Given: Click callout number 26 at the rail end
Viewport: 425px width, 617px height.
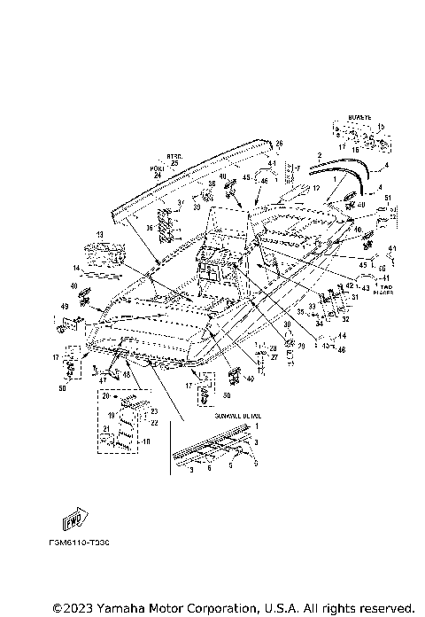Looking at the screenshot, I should pyautogui.click(x=279, y=144).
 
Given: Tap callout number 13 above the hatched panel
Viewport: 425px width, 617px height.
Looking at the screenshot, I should pyautogui.click(x=100, y=235).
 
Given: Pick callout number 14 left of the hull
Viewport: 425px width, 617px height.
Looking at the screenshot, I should pyautogui.click(x=77, y=267).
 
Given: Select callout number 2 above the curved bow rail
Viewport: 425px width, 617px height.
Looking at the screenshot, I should pyautogui.click(x=320, y=155).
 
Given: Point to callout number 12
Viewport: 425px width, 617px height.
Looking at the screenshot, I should pyautogui.click(x=315, y=189).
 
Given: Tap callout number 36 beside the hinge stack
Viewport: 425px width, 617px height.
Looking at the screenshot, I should pyautogui.click(x=151, y=227).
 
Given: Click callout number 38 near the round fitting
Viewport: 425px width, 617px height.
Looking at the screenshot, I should pyautogui.click(x=211, y=184).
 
